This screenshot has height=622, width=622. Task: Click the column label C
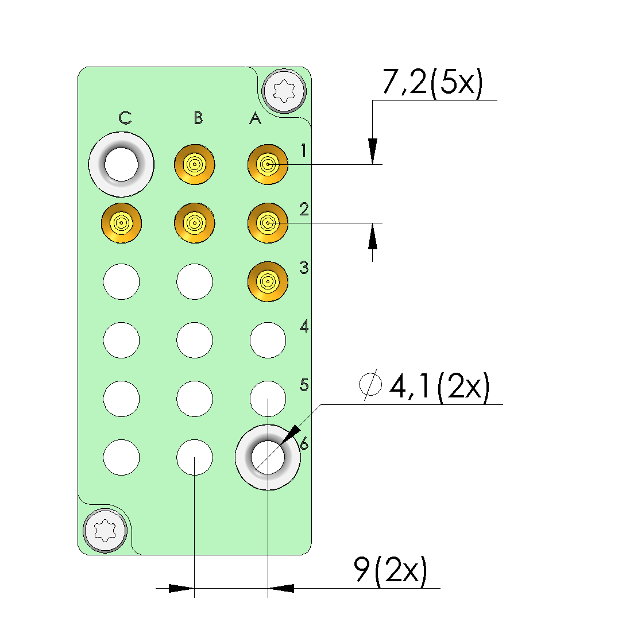125,118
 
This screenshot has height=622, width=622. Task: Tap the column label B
198,118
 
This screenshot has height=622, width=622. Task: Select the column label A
255,119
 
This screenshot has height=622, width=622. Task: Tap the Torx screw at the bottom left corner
105,531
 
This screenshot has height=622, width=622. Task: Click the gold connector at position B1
195,165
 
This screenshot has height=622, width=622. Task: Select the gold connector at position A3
268,281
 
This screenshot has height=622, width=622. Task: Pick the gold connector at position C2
121,222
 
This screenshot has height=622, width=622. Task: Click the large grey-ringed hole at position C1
121,165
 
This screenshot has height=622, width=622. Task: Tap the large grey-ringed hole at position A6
268,457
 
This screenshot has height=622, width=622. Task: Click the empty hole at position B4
195,340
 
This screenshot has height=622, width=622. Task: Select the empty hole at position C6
121,457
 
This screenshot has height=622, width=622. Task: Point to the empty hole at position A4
268,340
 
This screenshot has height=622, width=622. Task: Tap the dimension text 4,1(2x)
439,387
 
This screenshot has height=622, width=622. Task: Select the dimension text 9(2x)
391,570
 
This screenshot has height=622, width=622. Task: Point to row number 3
304,268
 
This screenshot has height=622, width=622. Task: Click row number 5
304,384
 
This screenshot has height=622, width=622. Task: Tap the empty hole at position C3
121,281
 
